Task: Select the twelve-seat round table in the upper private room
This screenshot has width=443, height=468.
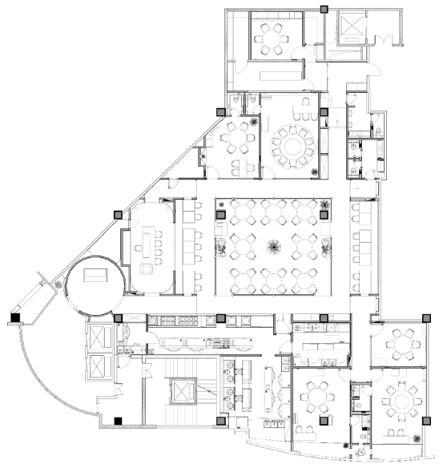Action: click(x=292, y=145)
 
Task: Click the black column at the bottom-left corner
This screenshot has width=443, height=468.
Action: click(x=119, y=420)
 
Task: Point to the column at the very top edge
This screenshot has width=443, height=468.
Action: click(x=324, y=8)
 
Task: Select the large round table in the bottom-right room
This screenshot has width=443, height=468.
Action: click(x=399, y=398)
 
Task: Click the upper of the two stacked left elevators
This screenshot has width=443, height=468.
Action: click(x=99, y=338)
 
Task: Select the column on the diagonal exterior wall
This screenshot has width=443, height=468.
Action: click(x=119, y=213)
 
